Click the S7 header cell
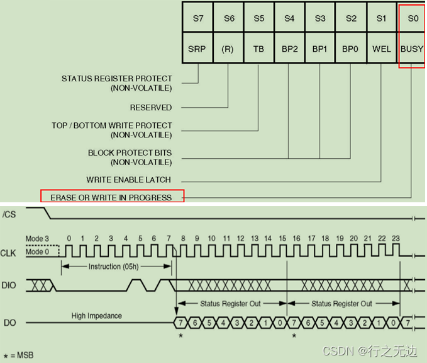[x=198, y=18]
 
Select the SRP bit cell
[x=198, y=49]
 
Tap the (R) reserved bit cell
[x=228, y=49]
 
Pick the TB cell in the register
[x=259, y=49]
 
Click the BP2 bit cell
[x=289, y=49]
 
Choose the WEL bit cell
[x=382, y=49]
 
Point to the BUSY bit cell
[x=412, y=49]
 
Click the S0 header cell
[x=413, y=18]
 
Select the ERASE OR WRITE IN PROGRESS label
[x=111, y=197]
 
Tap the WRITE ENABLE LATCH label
[x=129, y=180]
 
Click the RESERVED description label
[x=151, y=108]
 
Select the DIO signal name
[x=10, y=284]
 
